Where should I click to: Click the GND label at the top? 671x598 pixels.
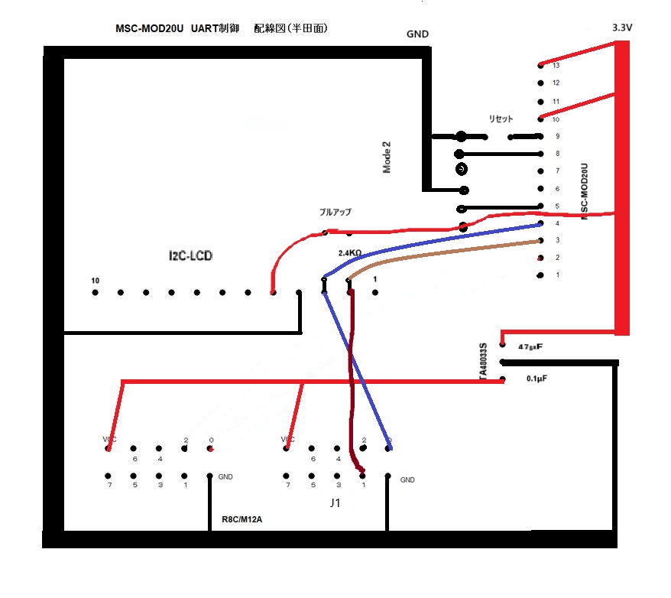click(417, 34)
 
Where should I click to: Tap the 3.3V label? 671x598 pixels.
click(624, 28)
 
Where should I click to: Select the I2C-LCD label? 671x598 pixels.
click(190, 255)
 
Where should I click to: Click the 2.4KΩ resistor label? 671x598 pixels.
click(350, 252)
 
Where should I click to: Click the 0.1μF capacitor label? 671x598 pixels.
click(542, 379)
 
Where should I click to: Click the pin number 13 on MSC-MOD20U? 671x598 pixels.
click(556, 65)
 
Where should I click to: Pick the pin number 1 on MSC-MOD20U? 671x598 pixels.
click(556, 275)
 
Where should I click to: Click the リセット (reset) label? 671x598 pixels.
click(501, 119)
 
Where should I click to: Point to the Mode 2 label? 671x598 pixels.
click(387, 157)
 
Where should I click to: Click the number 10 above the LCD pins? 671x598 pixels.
click(95, 281)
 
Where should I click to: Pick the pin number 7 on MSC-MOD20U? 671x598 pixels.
click(556, 171)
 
